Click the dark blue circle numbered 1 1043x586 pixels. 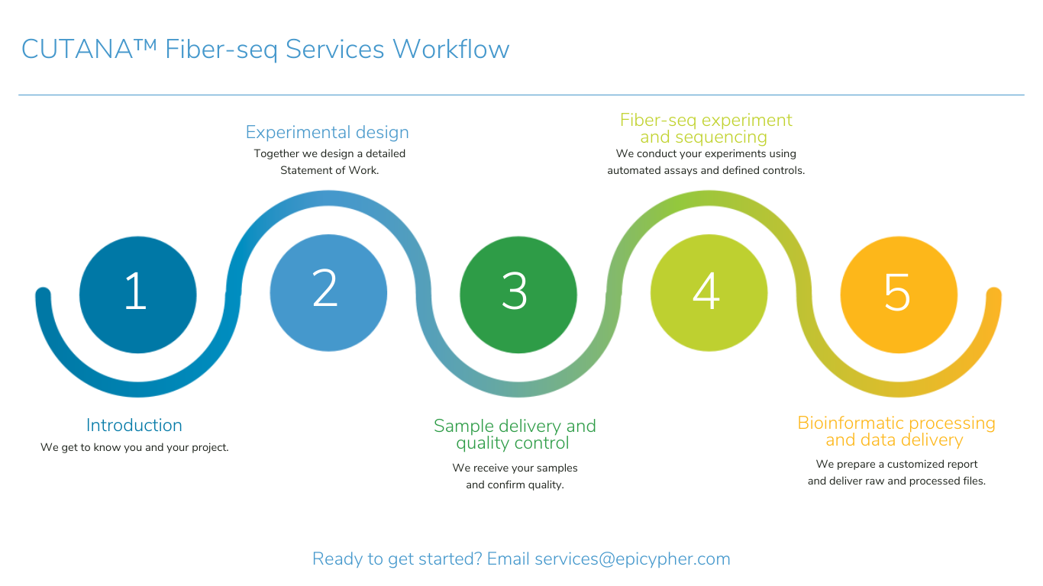[x=137, y=295]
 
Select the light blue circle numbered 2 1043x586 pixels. [x=328, y=293]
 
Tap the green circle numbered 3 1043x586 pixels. [x=518, y=295]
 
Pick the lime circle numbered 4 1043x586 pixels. [x=709, y=293]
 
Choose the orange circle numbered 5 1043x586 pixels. [x=899, y=295]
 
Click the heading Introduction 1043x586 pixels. [x=134, y=426]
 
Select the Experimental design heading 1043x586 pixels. [x=327, y=132]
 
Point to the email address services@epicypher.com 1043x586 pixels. [x=632, y=559]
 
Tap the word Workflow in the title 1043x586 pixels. [x=450, y=49]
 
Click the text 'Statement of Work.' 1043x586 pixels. [x=329, y=170]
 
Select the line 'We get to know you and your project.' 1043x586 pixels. [x=134, y=447]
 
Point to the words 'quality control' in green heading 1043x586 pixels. [x=512, y=443]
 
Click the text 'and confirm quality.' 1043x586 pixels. [x=515, y=485]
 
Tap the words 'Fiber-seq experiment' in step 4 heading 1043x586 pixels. [x=706, y=121]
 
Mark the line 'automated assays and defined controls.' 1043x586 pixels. [x=706, y=170]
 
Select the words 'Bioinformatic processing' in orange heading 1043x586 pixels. [x=896, y=423]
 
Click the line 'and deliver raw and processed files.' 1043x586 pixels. [x=896, y=481]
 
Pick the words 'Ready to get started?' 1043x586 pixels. [x=397, y=559]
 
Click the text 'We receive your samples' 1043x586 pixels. [x=515, y=468]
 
